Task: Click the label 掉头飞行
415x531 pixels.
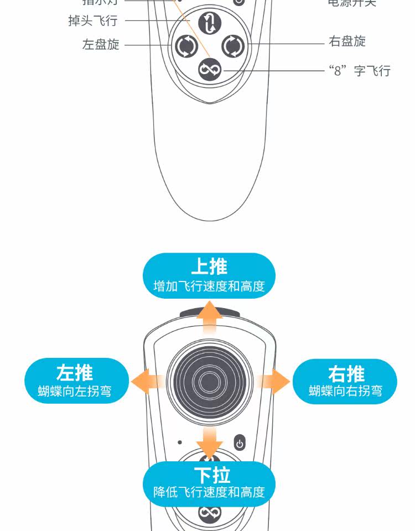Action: pyautogui.click(x=92, y=21)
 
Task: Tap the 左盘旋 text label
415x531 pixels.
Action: pyautogui.click(x=101, y=45)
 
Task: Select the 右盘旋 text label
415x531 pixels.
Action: pyautogui.click(x=347, y=41)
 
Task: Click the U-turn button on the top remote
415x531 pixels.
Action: pyautogui.click(x=210, y=23)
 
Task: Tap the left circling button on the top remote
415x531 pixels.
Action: pyautogui.click(x=186, y=46)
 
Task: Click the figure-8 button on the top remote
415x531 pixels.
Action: pyautogui.click(x=210, y=70)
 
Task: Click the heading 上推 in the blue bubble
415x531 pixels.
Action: pyautogui.click(x=209, y=267)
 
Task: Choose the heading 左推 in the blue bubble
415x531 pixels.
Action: pyautogui.click(x=75, y=373)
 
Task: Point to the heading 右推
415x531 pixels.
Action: pyautogui.click(x=346, y=373)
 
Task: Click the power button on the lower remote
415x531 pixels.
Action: pyautogui.click(x=240, y=443)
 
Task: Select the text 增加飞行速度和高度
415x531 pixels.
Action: pyautogui.click(x=209, y=286)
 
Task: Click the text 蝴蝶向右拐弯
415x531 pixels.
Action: pyautogui.click(x=346, y=391)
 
